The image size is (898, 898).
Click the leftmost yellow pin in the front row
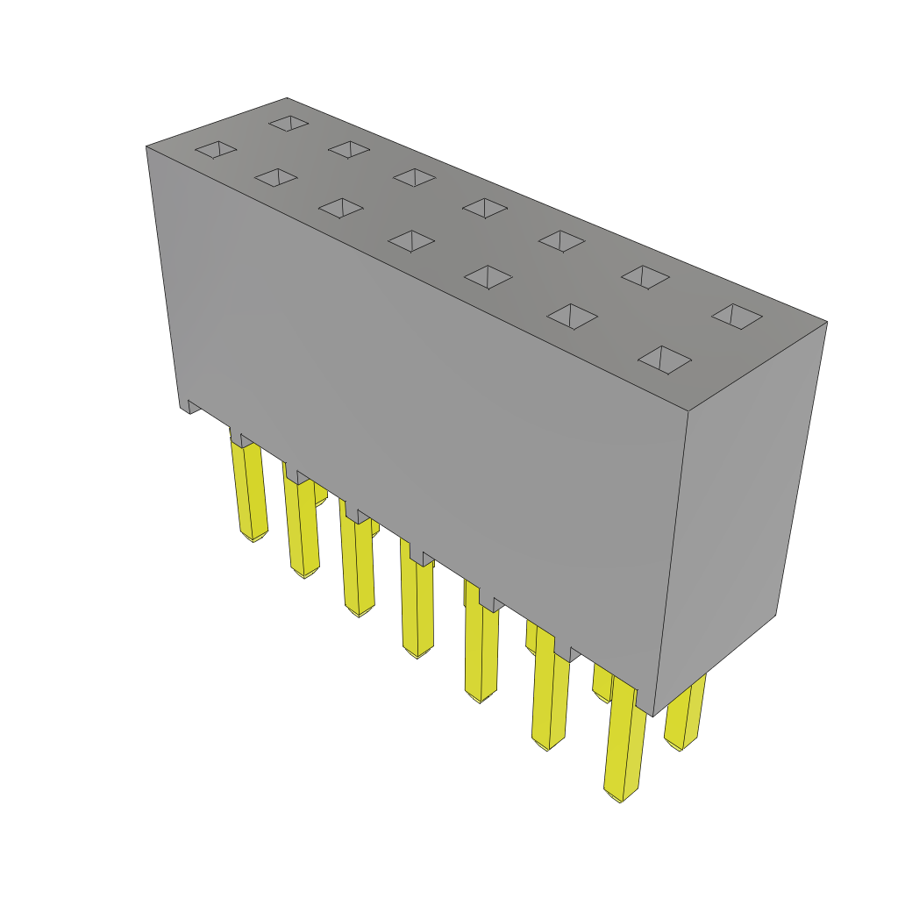pyautogui.click(x=249, y=491)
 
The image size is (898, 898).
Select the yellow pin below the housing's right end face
pyautogui.click(x=684, y=715)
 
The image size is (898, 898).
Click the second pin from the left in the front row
pyautogui.click(x=302, y=531)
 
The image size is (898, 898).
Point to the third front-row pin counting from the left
pyautogui.click(x=358, y=566)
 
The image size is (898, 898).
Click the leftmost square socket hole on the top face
pyautogui.click(x=216, y=149)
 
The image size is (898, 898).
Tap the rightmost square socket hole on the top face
pyautogui.click(x=737, y=316)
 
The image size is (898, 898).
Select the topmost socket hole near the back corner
pyautogui.click(x=289, y=123)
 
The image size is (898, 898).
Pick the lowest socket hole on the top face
pyautogui.click(x=665, y=359)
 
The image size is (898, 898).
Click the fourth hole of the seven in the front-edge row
pyautogui.click(x=411, y=240)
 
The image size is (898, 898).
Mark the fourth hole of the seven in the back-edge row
pyautogui.click(x=485, y=208)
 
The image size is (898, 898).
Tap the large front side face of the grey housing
pyautogui.click(x=421, y=412)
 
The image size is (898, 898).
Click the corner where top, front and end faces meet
pyautogui.click(x=688, y=410)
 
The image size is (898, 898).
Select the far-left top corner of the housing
pyautogui.click(x=146, y=146)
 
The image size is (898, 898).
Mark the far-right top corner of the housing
pyautogui.click(x=827, y=322)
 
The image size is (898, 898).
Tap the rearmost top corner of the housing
pyautogui.click(x=287, y=98)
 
